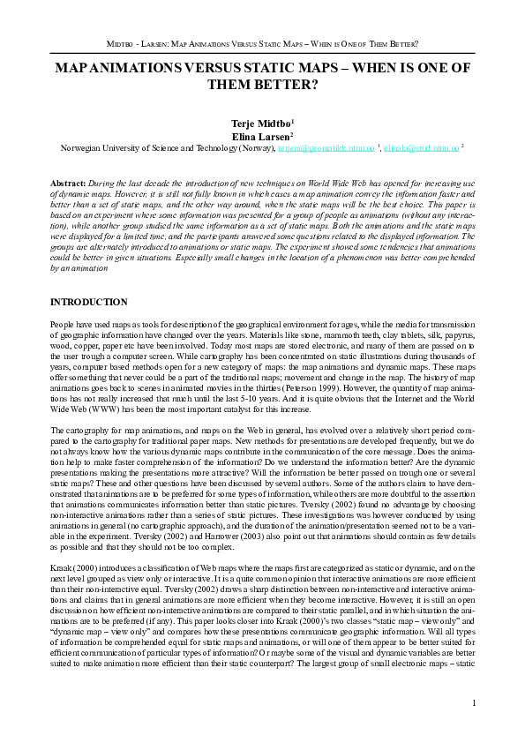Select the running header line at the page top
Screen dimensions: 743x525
click(262, 42)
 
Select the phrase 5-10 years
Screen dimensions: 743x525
click(292, 401)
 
